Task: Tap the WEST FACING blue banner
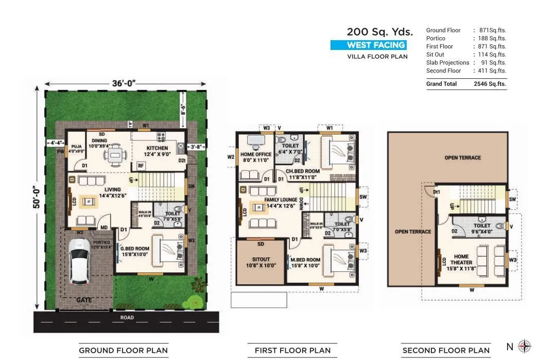point(368,45)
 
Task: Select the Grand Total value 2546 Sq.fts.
point(490,83)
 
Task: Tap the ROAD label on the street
point(127,318)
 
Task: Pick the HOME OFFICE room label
point(256,157)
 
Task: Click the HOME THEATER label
point(461,259)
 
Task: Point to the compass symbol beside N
point(524,346)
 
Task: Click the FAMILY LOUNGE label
point(281,202)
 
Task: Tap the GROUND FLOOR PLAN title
point(123,351)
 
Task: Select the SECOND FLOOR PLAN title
point(446,351)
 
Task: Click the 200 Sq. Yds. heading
point(379,32)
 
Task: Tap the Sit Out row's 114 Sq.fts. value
point(490,55)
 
